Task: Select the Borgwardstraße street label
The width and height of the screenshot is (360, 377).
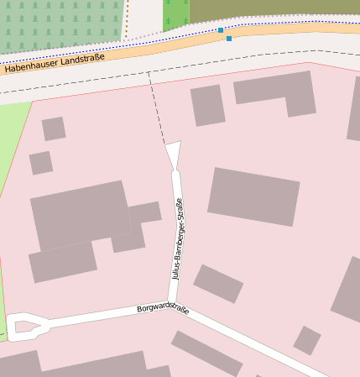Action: [x=163, y=308]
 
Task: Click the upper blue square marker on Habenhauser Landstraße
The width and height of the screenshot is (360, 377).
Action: [x=221, y=30]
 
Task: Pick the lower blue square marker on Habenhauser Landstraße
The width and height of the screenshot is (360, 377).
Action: [x=229, y=39]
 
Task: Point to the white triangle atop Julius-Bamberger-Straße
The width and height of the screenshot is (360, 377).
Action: [x=174, y=153]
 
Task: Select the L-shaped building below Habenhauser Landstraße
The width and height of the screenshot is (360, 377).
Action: [x=277, y=93]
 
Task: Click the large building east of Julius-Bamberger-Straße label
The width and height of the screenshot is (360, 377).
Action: [x=253, y=196]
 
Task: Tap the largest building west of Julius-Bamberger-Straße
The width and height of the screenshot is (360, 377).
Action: [x=80, y=214]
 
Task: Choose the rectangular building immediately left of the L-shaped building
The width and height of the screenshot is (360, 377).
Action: [x=208, y=105]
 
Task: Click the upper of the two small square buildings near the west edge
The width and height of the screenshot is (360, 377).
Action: [x=54, y=128]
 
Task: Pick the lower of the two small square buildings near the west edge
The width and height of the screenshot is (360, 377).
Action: [x=41, y=162]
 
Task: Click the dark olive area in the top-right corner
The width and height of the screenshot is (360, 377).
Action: [x=277, y=8]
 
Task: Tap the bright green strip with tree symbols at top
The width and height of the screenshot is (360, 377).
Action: [x=175, y=13]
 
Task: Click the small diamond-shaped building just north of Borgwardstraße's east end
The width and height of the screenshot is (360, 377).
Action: [x=307, y=340]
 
